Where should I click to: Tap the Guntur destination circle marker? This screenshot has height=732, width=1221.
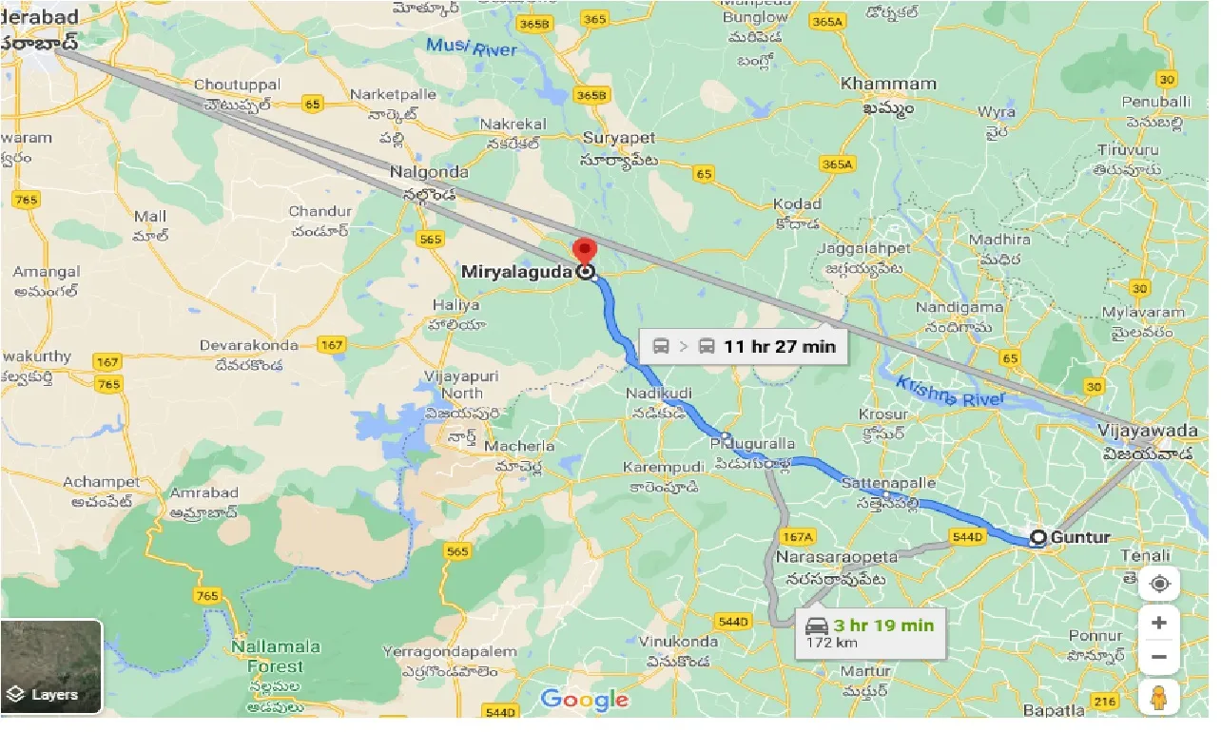1038,538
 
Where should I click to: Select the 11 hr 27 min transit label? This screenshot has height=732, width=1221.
779,346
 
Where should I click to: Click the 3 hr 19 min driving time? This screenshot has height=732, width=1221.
883,625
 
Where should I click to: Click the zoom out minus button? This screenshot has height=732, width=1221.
1158,656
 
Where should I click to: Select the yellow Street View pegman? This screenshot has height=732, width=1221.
1158,698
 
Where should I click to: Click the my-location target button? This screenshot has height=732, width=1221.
1158,584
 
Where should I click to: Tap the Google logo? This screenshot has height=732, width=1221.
584,701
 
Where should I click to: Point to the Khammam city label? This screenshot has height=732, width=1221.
888,84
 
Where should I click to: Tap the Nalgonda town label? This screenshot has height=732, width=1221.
429,172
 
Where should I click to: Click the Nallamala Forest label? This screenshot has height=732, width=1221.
276,657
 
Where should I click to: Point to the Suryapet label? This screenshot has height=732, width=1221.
619,139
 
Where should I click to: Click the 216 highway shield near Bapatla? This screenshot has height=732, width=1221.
1104,702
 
